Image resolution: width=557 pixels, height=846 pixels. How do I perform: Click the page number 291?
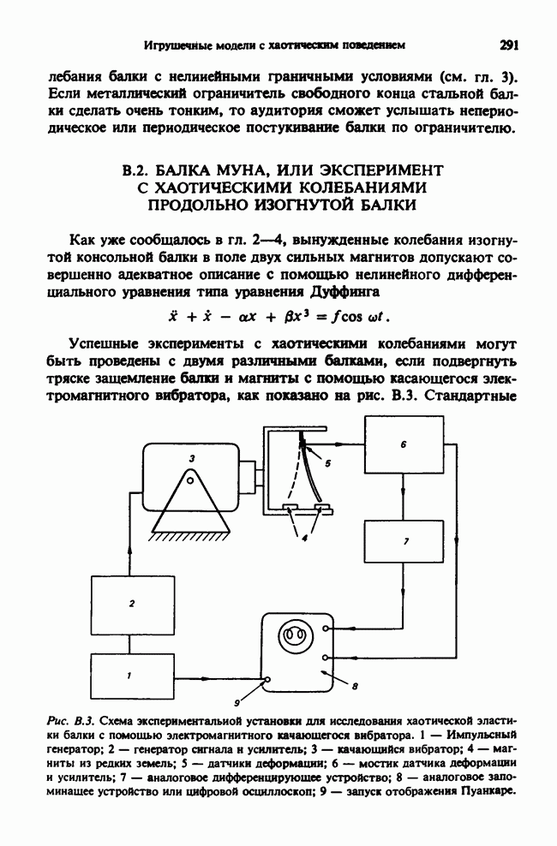coord(512,42)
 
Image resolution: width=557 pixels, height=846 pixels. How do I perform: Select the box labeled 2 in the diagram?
coord(130,605)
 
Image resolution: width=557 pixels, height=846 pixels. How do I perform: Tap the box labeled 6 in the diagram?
coord(403,446)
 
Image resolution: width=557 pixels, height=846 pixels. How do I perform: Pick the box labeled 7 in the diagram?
coord(404,541)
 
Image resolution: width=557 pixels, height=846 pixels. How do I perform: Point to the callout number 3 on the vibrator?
coord(192,459)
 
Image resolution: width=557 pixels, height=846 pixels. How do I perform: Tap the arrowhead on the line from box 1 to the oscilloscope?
coord(256,676)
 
